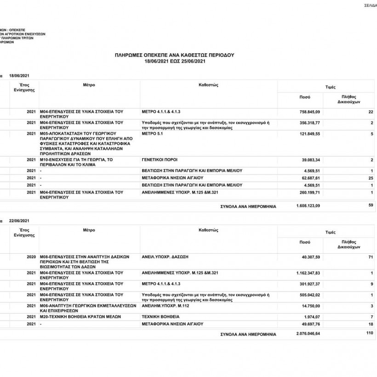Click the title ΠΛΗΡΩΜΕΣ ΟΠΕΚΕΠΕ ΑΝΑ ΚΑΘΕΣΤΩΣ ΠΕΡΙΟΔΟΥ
coord(174,55)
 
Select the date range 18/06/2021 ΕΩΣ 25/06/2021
coord(174,61)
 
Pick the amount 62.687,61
coord(310,178)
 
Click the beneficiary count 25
coord(370,178)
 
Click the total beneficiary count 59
coord(371,206)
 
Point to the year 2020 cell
coord(31,257)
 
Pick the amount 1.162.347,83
coord(307,274)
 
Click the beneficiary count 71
coord(370,257)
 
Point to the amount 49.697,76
coord(310,324)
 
